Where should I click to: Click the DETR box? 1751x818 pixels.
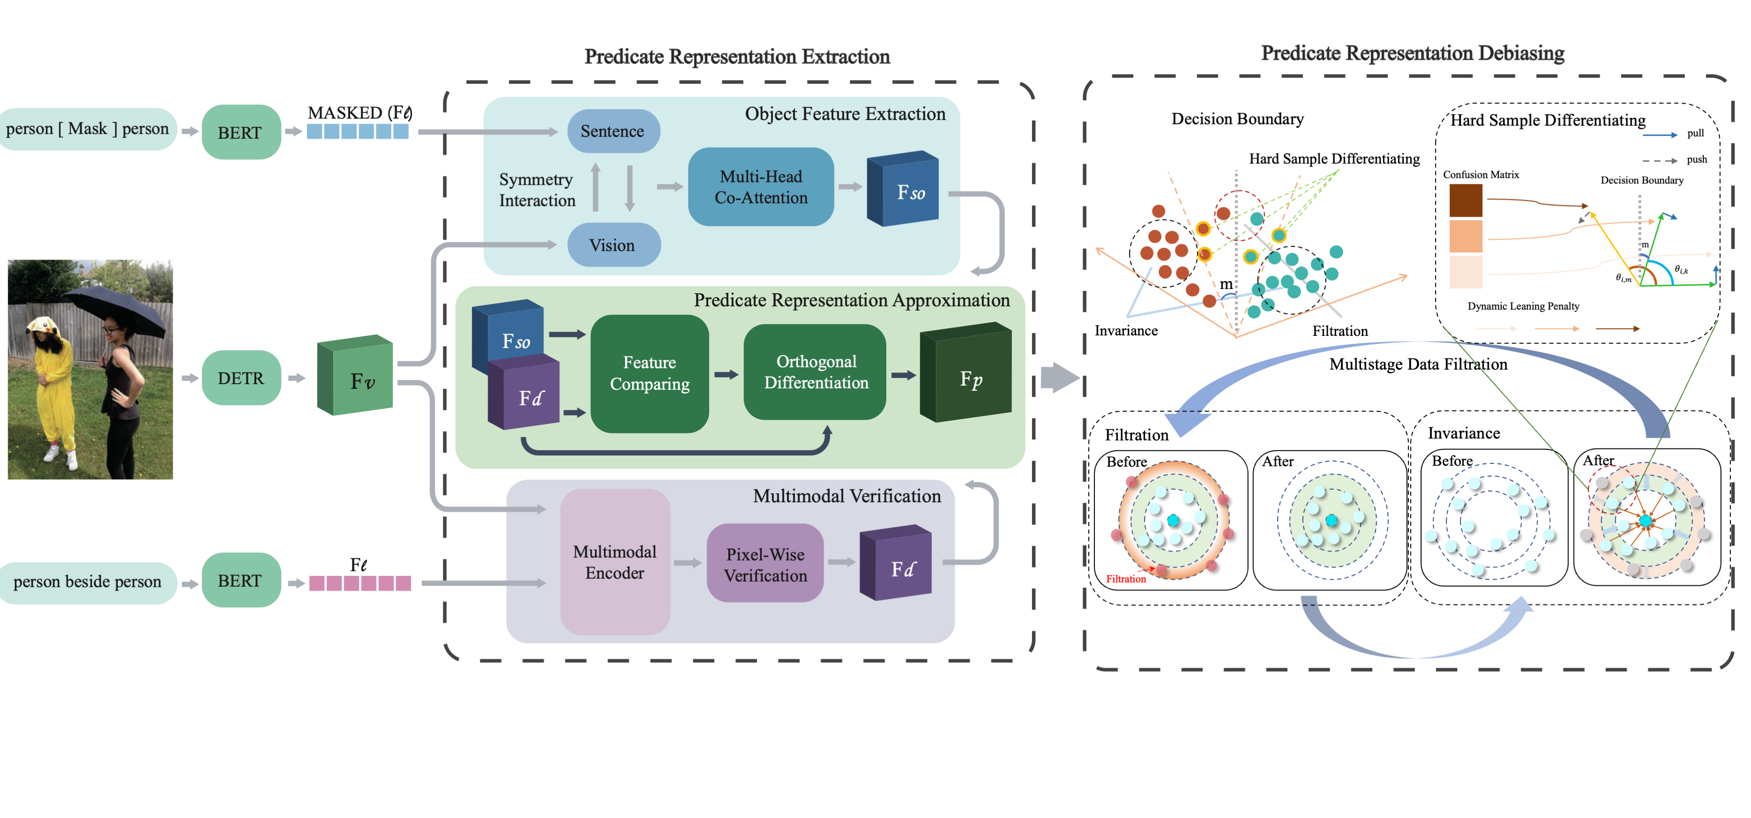[x=241, y=378]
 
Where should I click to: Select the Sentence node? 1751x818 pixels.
[x=612, y=131]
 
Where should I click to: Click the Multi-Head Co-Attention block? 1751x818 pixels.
[x=761, y=187]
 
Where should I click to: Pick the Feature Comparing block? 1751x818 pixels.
[x=649, y=373]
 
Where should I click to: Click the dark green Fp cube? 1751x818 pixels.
[x=967, y=376]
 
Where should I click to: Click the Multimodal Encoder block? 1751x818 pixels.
[x=614, y=562]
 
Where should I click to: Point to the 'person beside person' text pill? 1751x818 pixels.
[x=88, y=582]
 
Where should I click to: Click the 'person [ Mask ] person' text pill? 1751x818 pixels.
[x=88, y=129]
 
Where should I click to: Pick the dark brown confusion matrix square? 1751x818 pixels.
[x=1466, y=200]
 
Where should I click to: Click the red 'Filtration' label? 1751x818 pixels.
[x=1125, y=579]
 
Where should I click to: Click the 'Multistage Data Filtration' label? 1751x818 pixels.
[x=1418, y=364]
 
